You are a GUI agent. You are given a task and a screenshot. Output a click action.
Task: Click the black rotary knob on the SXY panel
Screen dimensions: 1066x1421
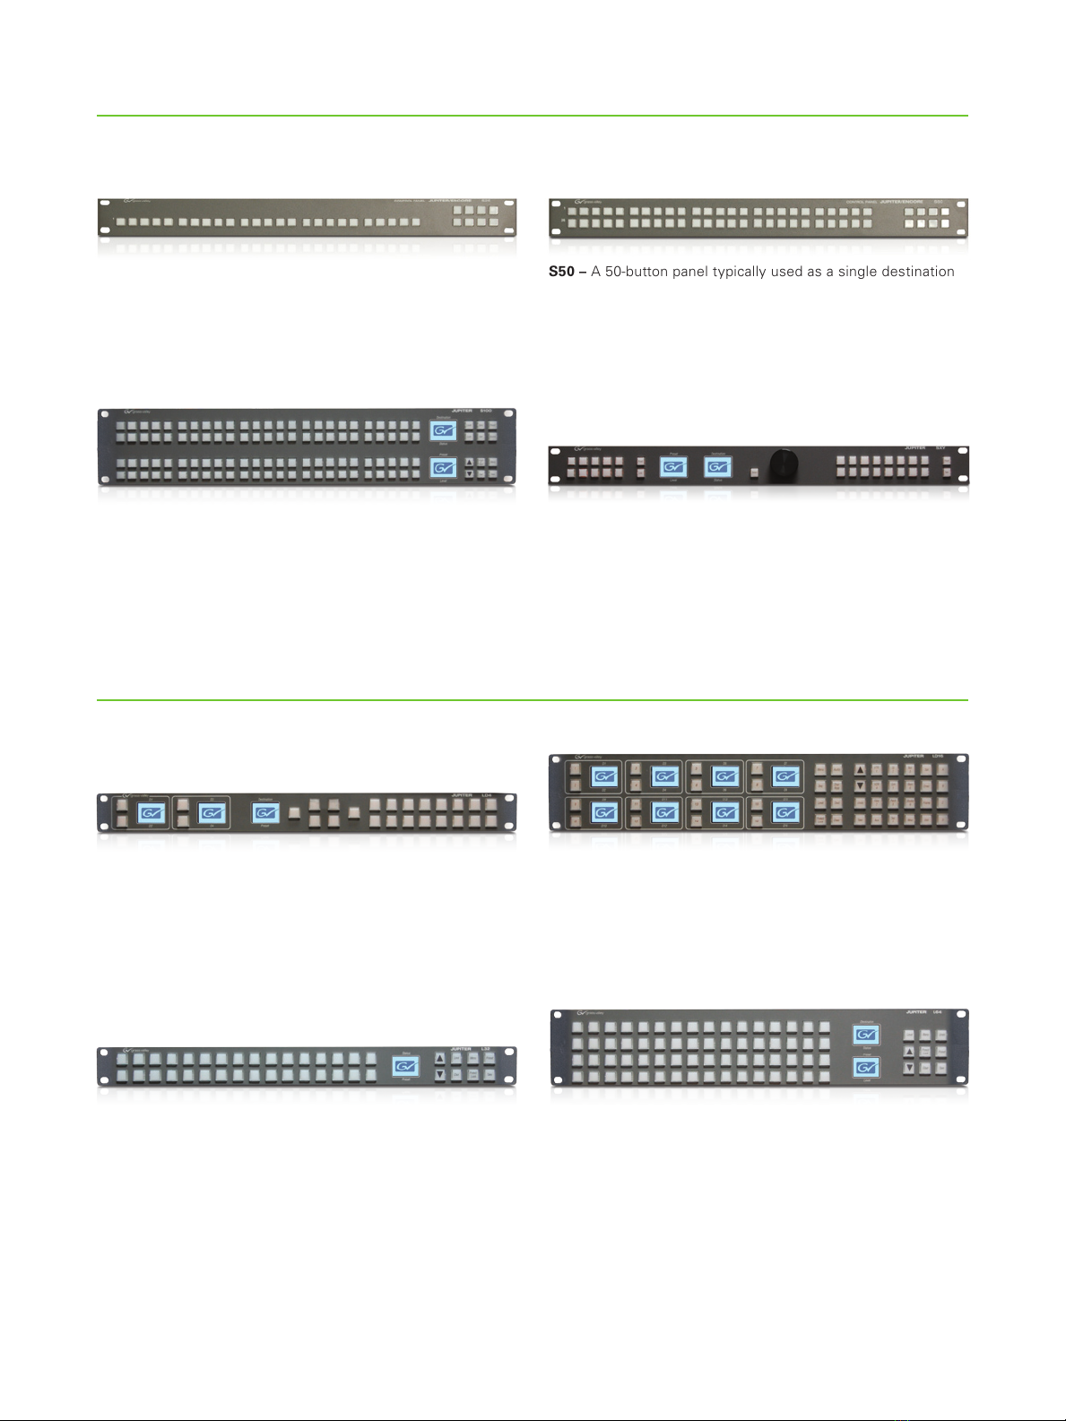[784, 467]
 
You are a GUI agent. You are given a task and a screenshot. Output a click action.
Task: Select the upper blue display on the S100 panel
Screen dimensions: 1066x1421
[443, 431]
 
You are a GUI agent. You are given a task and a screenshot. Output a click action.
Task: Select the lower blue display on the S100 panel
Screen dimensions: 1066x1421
[443, 468]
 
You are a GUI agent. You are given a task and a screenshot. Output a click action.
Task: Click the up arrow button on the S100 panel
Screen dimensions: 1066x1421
[468, 463]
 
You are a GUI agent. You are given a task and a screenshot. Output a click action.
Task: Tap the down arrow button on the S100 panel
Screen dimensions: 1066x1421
[468, 473]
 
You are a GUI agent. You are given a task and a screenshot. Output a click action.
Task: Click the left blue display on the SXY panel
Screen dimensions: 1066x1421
[673, 467]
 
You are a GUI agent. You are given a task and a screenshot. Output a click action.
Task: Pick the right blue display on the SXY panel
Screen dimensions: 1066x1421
[717, 467]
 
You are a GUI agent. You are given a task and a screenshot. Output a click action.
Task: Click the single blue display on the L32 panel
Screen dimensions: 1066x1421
[406, 1066]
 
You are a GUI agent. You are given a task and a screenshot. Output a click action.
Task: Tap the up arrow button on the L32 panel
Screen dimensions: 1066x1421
[440, 1059]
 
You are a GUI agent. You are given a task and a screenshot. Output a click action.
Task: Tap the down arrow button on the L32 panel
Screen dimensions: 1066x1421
[440, 1074]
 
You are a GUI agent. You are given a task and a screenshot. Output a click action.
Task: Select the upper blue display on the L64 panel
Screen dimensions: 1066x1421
[866, 1035]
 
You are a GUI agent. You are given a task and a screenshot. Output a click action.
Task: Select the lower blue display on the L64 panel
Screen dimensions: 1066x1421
[866, 1068]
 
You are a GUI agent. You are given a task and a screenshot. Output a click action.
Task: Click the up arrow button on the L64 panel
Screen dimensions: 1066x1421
[909, 1052]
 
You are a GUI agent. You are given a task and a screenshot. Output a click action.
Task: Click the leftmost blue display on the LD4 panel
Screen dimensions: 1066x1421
[151, 813]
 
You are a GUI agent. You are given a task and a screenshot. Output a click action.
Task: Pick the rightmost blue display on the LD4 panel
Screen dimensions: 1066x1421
[265, 813]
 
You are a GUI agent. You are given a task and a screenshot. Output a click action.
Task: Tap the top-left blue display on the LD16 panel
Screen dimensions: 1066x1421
[604, 776]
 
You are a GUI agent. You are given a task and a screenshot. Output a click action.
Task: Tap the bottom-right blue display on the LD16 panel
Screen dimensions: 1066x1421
[786, 812]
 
